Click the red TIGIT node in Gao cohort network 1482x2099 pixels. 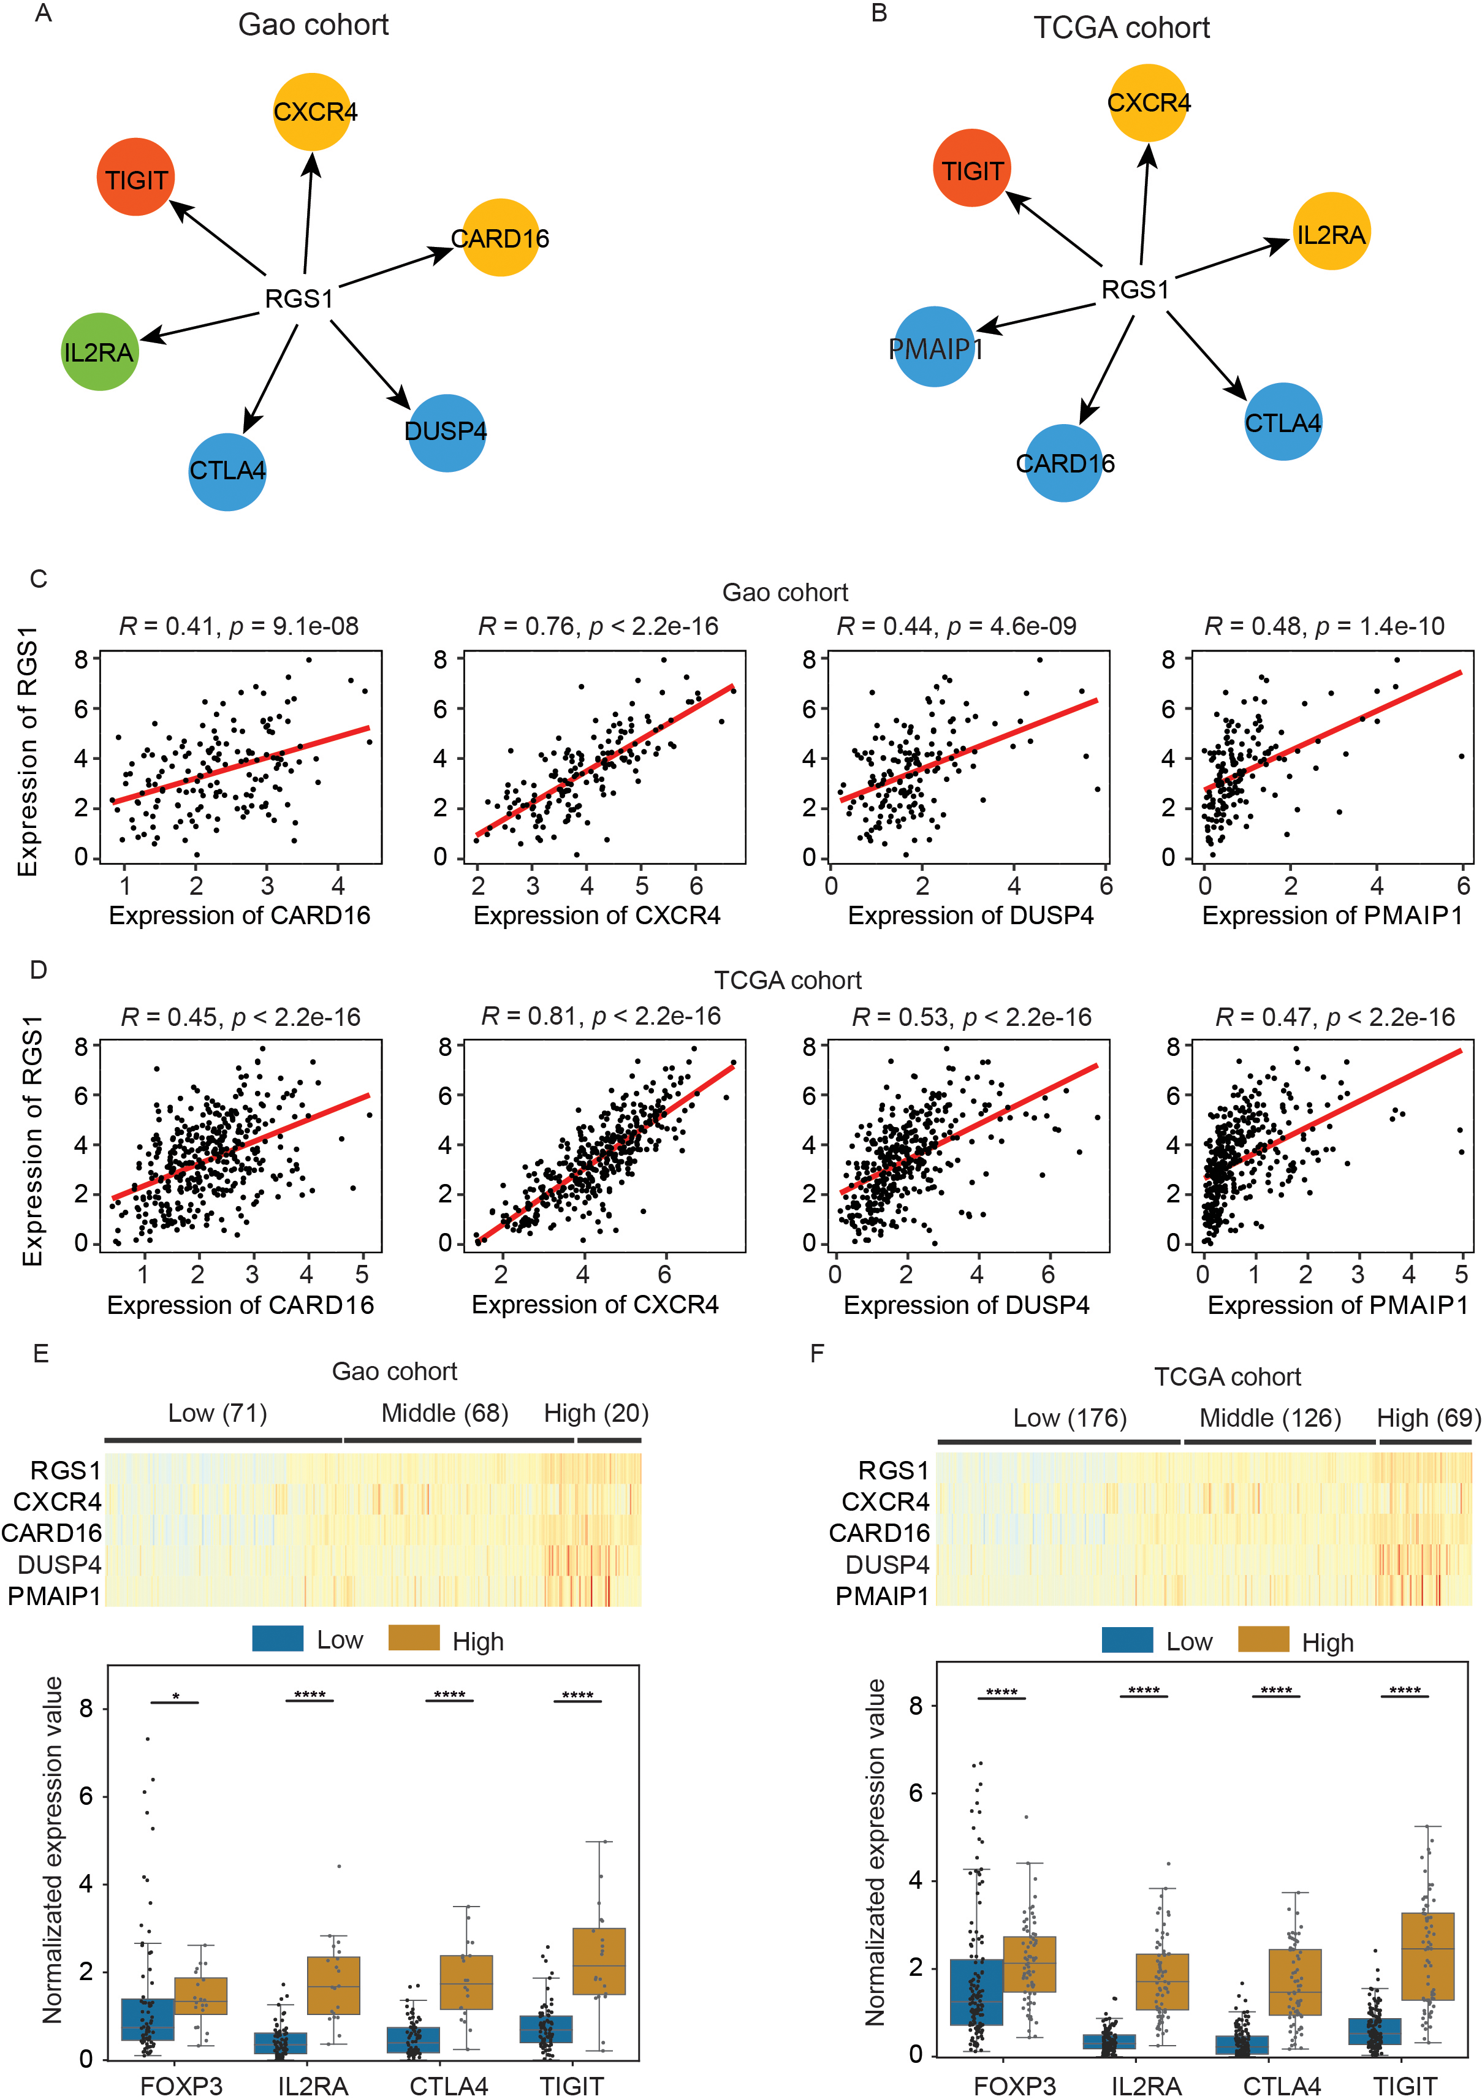point(136,177)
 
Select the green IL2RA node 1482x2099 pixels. point(100,352)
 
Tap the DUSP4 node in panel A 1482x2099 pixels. point(446,433)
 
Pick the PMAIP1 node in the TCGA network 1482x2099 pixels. point(934,347)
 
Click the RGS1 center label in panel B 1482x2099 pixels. point(1134,290)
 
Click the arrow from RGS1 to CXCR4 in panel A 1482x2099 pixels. point(309,213)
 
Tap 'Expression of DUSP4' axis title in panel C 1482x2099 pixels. point(970,915)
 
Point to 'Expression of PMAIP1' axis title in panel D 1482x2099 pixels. point(1337,1305)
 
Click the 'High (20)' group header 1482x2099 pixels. point(596,1413)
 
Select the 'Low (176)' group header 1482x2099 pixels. point(1070,1418)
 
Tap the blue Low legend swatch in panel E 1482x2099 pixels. point(277,1638)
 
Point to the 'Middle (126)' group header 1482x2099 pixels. point(1270,1418)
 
